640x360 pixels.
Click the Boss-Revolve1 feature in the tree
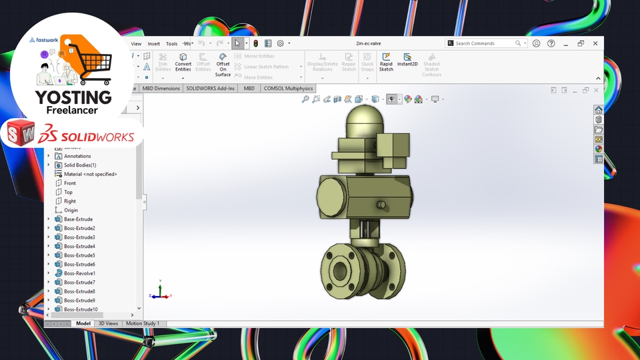pyautogui.click(x=79, y=273)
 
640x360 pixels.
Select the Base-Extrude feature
pyautogui.click(x=78, y=219)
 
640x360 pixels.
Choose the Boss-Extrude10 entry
pyautogui.click(x=80, y=309)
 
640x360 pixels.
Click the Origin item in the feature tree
pyautogui.click(x=71, y=210)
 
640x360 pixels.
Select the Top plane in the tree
pyautogui.click(x=68, y=192)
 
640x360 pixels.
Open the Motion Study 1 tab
pyautogui.click(x=143, y=323)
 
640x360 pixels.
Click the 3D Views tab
pyautogui.click(x=108, y=323)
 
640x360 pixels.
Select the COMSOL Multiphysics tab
pyautogui.click(x=288, y=88)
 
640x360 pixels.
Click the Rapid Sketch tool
pyautogui.click(x=386, y=63)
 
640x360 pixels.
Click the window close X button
pyautogui.click(x=595, y=43)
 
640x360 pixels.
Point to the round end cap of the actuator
pyautogui.click(x=331, y=198)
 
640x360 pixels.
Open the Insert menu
pyautogui.click(x=153, y=43)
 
